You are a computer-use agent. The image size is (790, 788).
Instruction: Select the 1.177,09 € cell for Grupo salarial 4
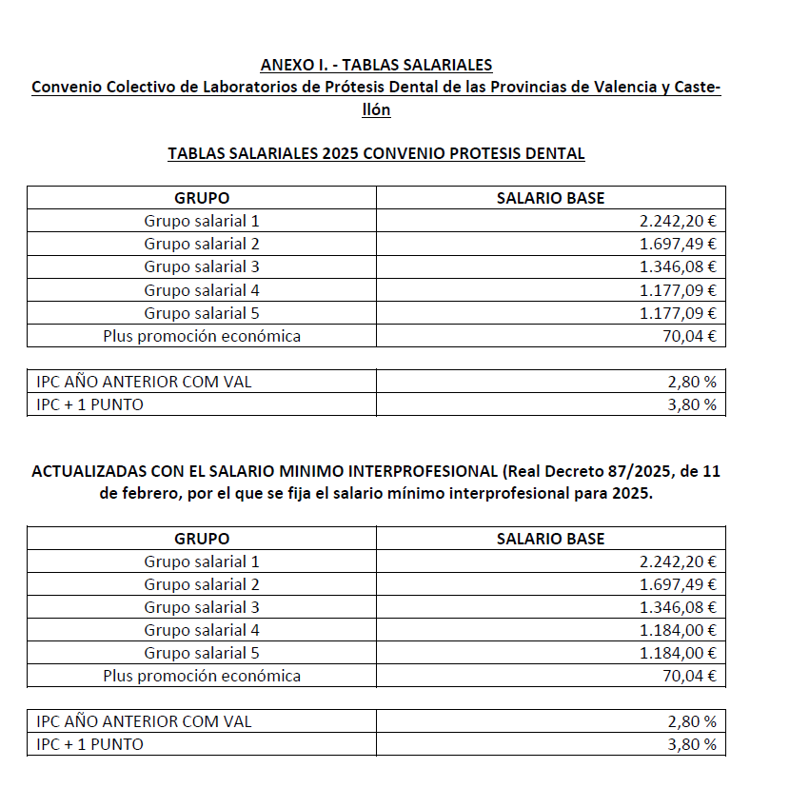click(x=678, y=290)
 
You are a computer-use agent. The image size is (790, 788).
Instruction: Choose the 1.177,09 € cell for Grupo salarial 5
click(x=678, y=313)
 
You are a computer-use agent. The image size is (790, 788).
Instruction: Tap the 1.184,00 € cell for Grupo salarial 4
click(x=678, y=630)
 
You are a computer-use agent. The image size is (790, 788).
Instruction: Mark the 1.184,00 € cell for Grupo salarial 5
click(x=678, y=653)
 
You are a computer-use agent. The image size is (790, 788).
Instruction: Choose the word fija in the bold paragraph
click(x=311, y=495)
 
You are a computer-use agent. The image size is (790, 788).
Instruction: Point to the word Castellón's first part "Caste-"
click(x=699, y=88)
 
